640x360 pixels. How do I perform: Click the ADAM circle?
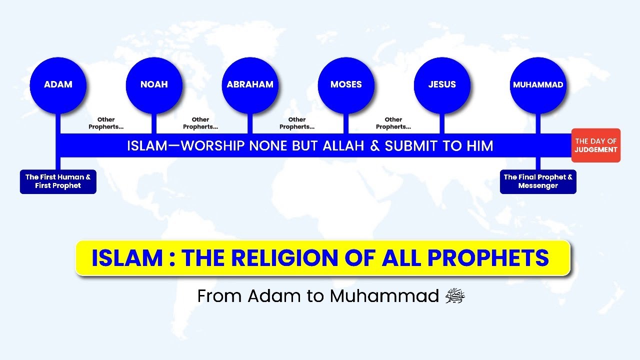pos(58,84)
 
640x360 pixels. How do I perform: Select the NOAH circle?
pos(154,84)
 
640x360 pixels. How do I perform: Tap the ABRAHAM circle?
pos(250,84)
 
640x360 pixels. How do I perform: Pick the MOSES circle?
pos(346,84)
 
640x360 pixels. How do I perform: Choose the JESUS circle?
pos(442,84)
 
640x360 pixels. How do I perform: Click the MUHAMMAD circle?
pos(538,84)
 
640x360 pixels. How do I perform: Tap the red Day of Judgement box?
pos(595,145)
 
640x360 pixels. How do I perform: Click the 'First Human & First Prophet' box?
pos(58,181)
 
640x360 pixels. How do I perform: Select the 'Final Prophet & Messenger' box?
pos(538,181)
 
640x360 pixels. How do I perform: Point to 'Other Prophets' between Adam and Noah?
pos(106,123)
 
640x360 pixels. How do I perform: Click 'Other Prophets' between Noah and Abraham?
pos(200,123)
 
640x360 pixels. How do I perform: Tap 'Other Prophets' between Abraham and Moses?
pos(297,123)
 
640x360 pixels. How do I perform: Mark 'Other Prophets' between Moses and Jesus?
pos(393,123)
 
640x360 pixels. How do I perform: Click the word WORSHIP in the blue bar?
pos(212,146)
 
